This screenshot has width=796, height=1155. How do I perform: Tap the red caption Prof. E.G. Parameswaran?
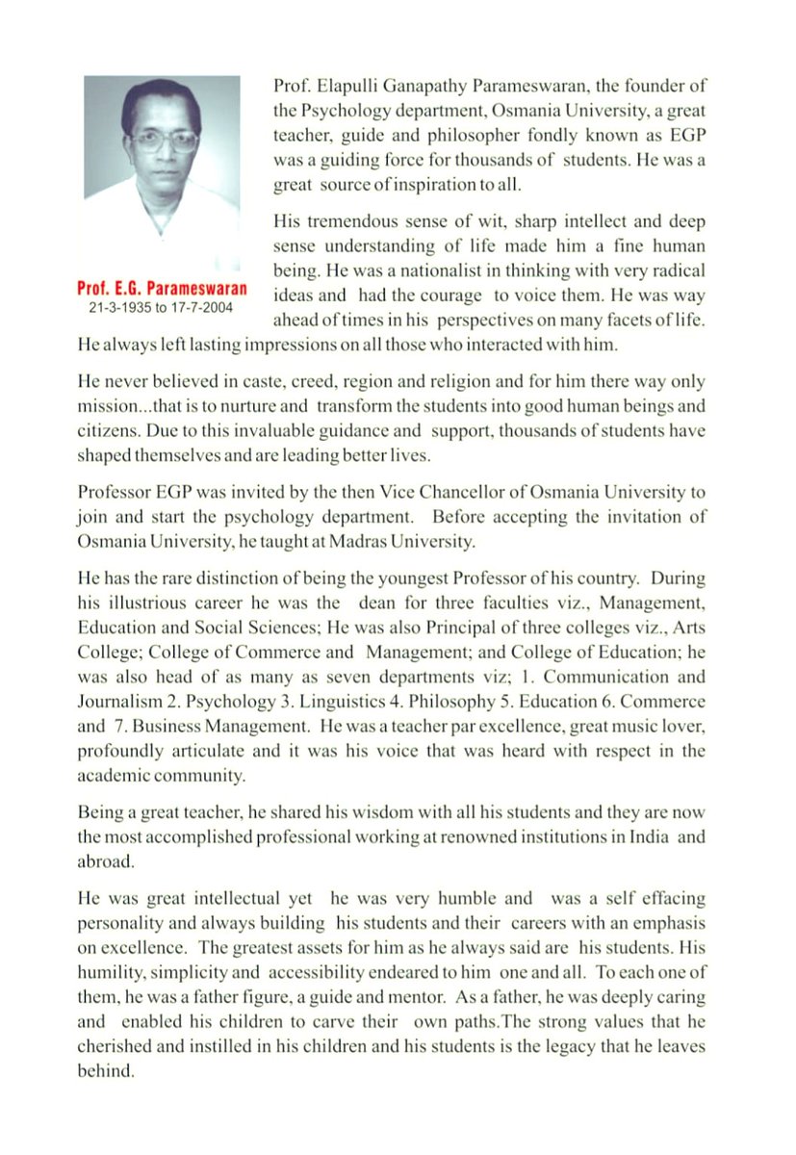[x=163, y=289]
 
